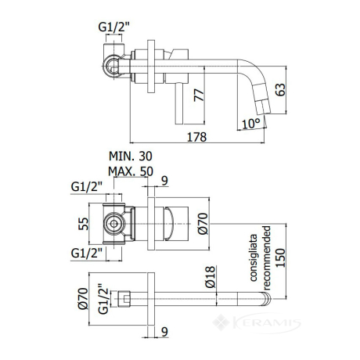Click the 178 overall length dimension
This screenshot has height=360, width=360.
tap(197, 137)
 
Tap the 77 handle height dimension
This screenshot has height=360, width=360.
tap(200, 95)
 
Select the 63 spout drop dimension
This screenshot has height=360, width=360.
tap(281, 90)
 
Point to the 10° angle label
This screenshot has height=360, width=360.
tap(251, 124)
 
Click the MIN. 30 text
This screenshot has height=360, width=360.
tap(131, 156)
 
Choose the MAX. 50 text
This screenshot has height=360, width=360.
tap(131, 171)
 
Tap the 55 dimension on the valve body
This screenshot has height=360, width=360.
tap(84, 224)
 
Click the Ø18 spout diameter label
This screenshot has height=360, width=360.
tap(211, 277)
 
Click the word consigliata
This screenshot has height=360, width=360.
tap(253, 258)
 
